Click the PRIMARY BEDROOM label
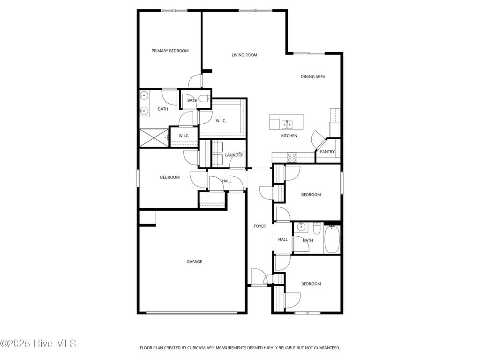point(170,51)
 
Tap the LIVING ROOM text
point(244,55)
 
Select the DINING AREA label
point(313,76)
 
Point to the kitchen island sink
point(287,124)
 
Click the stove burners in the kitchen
point(292,157)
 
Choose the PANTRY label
point(327,151)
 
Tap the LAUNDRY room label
point(234,155)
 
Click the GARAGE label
point(194,262)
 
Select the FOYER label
point(260,226)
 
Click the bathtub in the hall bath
point(332,239)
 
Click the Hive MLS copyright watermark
point(38,344)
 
